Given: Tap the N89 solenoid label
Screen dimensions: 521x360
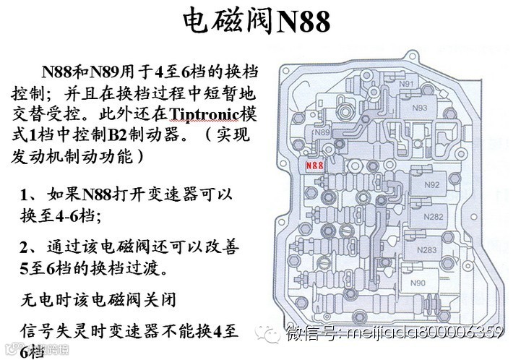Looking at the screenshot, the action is pos(322,133).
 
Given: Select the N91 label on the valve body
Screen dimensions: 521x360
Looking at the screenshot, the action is pos(427,85).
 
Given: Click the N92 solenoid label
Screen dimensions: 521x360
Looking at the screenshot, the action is pos(432,184).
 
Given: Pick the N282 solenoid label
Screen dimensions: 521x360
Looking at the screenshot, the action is pos(434,216).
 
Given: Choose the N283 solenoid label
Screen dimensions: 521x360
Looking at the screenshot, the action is pos(427,250).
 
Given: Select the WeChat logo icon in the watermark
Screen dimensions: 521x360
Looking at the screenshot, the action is pos(275,333).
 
